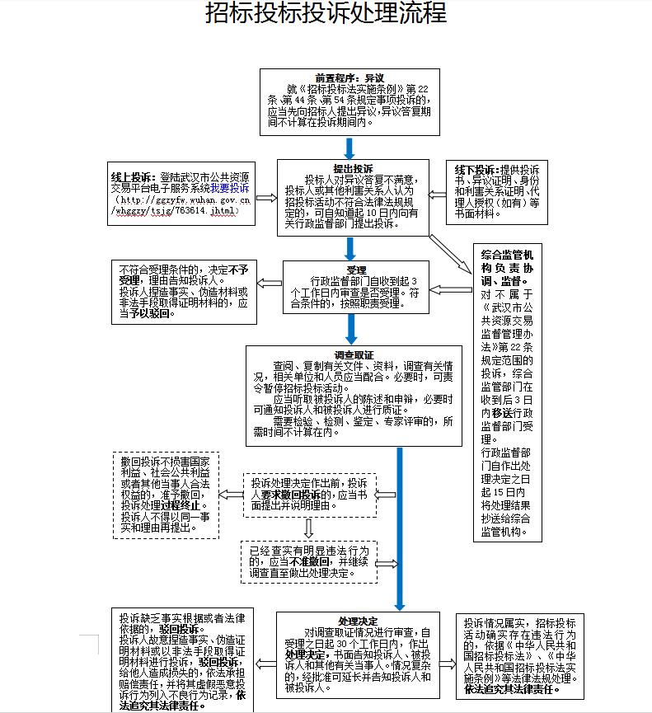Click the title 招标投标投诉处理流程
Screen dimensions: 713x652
(326, 15)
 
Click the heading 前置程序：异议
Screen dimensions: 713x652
(349, 77)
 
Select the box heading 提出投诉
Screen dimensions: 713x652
(350, 168)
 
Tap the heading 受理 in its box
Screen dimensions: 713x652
(356, 270)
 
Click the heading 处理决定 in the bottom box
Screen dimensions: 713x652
(357, 621)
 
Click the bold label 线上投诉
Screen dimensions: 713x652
(134, 177)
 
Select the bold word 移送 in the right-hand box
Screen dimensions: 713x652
(505, 410)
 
